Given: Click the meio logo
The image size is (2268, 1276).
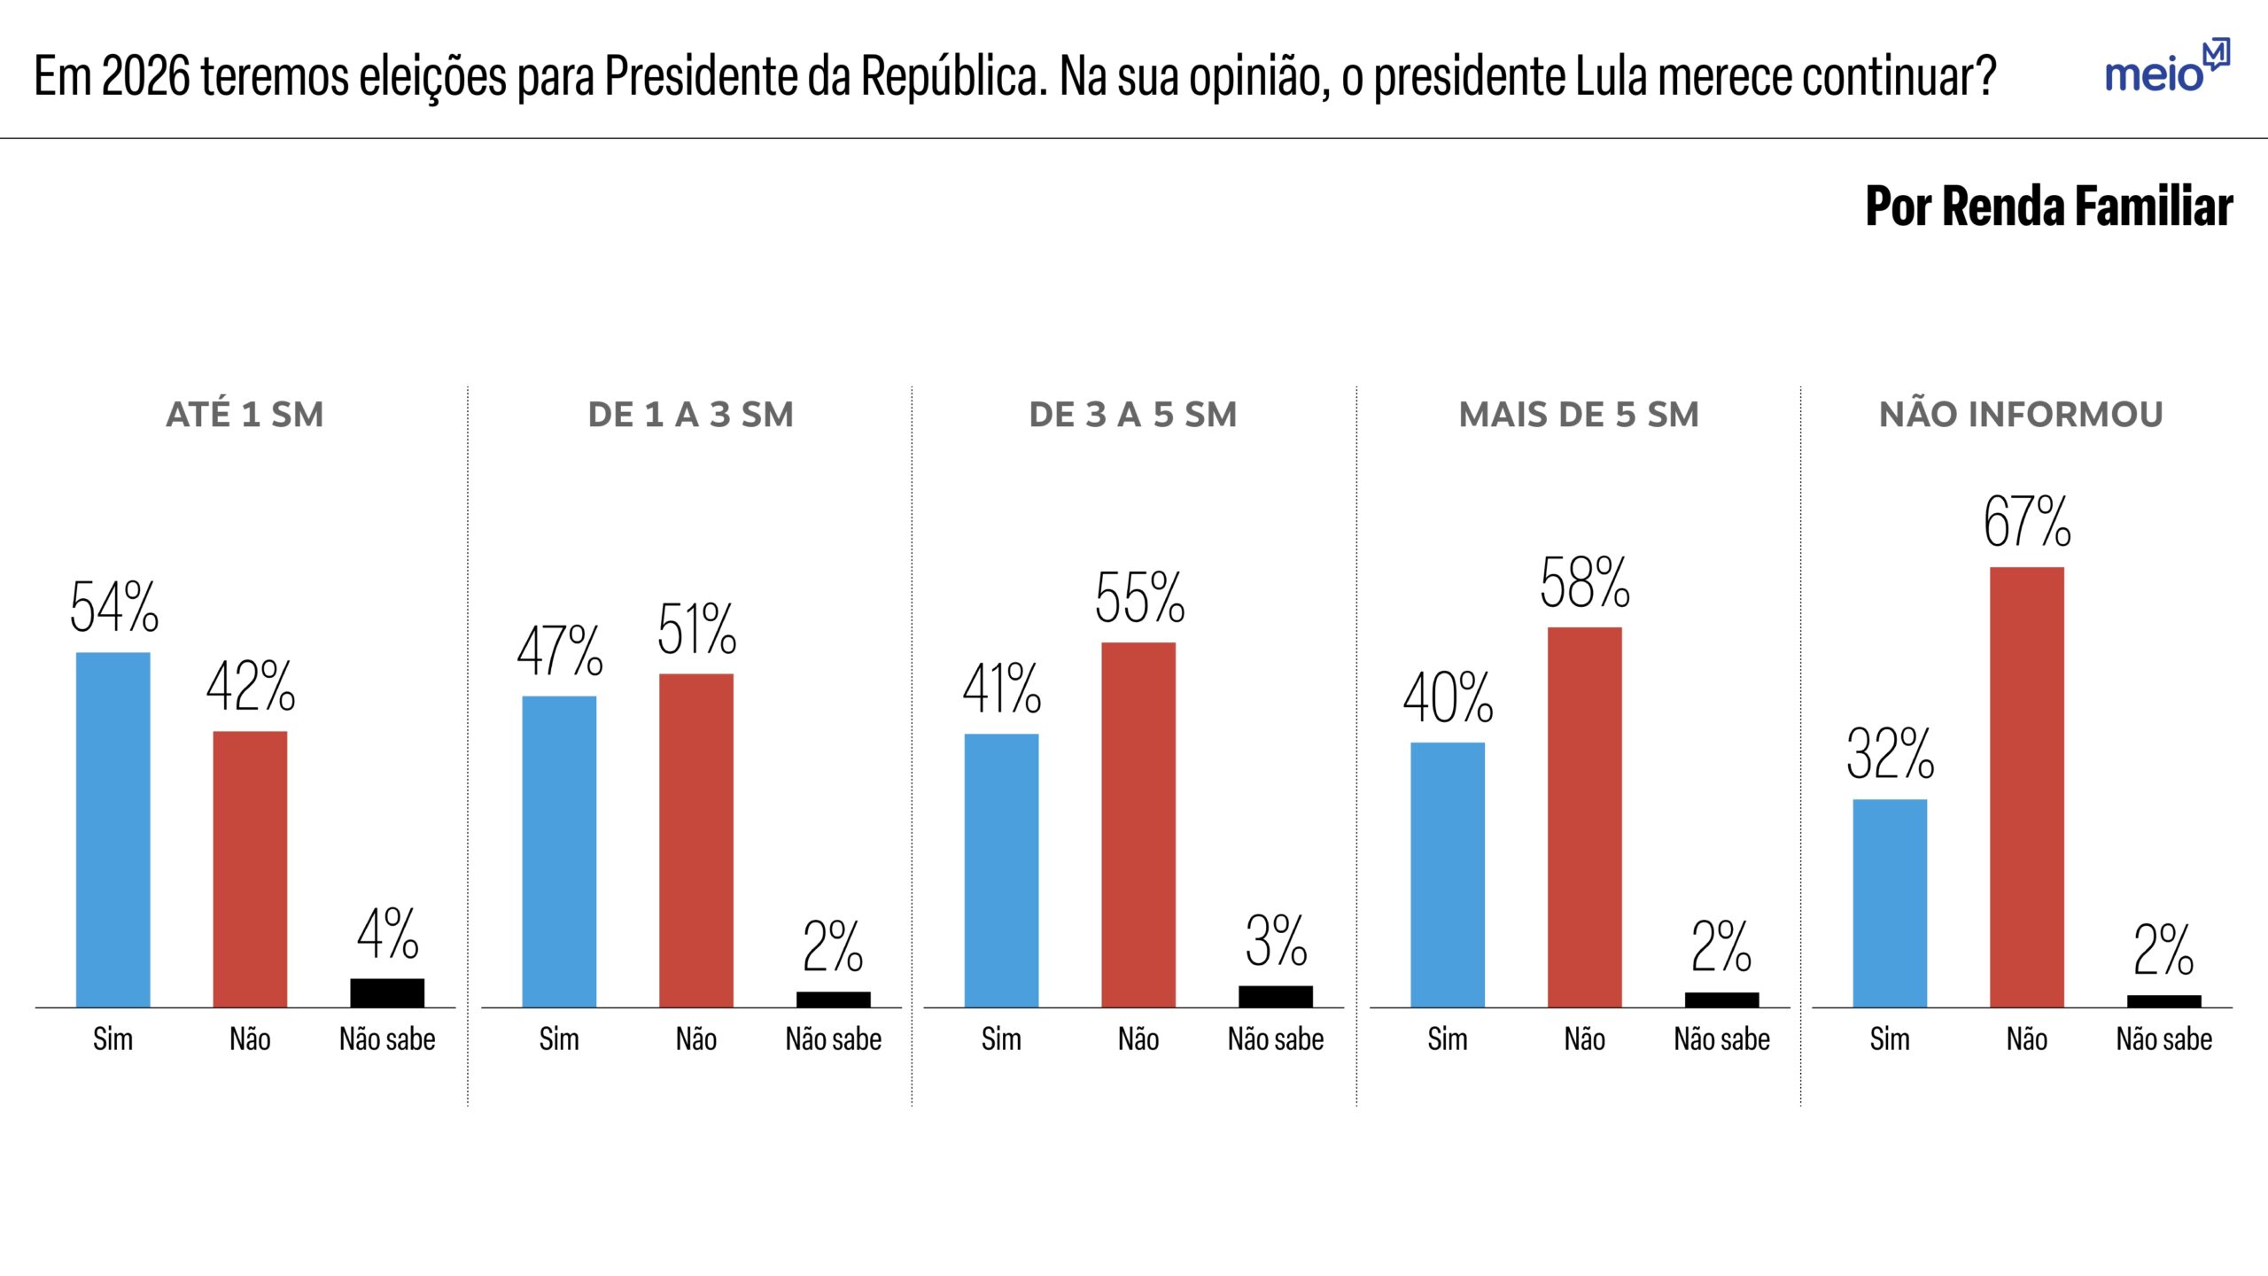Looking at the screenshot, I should [x=2166, y=67].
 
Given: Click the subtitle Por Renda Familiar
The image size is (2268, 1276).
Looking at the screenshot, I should [x=2048, y=206].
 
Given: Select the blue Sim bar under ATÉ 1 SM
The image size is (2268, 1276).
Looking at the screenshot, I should [x=113, y=829].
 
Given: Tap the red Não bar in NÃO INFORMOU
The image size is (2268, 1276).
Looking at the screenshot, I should [x=2027, y=787].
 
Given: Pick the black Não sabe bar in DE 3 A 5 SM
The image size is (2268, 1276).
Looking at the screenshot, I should [x=1275, y=996].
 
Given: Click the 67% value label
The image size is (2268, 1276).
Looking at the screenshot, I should [x=2027, y=521].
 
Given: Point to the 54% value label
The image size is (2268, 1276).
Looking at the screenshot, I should [x=114, y=608].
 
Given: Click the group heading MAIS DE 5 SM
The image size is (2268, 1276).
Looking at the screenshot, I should [x=1579, y=415].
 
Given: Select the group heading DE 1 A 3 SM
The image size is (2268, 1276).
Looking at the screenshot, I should [x=691, y=415].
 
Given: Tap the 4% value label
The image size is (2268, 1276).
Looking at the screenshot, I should [x=387, y=934].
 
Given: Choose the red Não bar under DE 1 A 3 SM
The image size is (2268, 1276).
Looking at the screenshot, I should [x=696, y=840].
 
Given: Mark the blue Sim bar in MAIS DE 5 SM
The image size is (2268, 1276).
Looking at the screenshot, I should [x=1448, y=874].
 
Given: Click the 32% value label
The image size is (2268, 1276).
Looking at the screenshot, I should [x=1890, y=754].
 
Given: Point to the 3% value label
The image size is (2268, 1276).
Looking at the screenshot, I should [x=1276, y=941].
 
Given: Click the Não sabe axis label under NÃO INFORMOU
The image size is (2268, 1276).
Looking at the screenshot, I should [x=2163, y=1039].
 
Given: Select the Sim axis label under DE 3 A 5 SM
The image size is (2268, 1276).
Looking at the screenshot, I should [x=1001, y=1039].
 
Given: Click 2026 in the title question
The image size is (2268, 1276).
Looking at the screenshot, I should [x=145, y=76].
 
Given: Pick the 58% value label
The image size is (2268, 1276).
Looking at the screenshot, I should [x=1584, y=583].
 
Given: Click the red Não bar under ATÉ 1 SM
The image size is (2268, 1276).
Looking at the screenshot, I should [x=250, y=868].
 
